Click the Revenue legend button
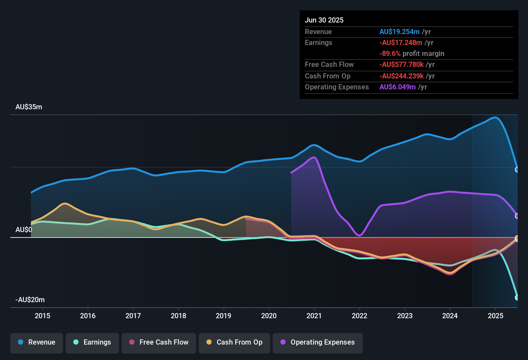(37, 342)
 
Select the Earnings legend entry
(92, 342)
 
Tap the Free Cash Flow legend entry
(159, 342)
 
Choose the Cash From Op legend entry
(234, 342)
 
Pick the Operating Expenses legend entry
(318, 342)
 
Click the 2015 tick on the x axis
(42, 316)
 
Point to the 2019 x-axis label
(223, 316)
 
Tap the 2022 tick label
(360, 316)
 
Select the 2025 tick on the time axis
(496, 316)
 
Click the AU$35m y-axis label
(29, 107)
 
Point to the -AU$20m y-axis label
(30, 300)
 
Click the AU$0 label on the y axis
(24, 230)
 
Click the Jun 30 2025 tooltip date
(324, 20)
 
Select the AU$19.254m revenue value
(399, 32)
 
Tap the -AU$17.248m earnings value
(401, 43)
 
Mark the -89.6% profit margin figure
(390, 54)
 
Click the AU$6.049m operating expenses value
(397, 87)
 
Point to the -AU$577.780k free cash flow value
(402, 65)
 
